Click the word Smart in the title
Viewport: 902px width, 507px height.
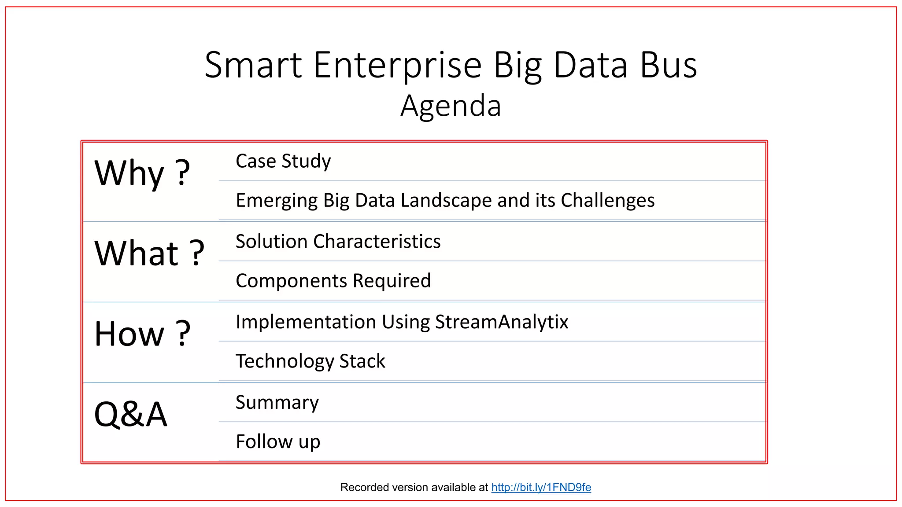click(x=253, y=65)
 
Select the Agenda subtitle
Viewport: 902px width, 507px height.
click(x=451, y=106)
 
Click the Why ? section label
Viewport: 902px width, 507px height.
click(x=142, y=173)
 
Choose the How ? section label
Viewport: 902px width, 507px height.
click(x=142, y=334)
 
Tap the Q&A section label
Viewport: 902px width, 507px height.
click(x=131, y=414)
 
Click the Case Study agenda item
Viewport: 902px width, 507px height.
click(x=283, y=161)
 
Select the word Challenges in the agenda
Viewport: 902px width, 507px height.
click(x=607, y=200)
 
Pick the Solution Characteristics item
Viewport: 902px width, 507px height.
click(x=338, y=242)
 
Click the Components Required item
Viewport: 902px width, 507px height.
click(x=333, y=281)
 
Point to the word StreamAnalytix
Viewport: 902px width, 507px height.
click(x=502, y=322)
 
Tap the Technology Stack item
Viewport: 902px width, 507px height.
click(x=310, y=361)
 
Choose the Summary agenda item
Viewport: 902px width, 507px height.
click(x=277, y=402)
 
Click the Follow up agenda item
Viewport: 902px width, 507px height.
click(x=278, y=441)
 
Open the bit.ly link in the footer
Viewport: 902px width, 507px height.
click(x=541, y=487)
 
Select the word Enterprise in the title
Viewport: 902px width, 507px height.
click(x=397, y=65)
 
